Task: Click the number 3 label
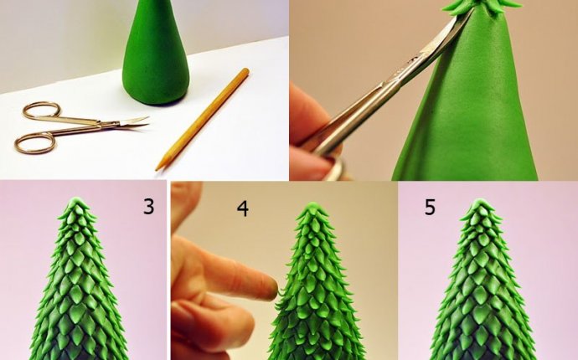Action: [148, 206]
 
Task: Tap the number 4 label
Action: [242, 208]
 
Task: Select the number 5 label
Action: [430, 207]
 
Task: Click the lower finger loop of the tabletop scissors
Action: [34, 143]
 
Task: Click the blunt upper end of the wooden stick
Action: [246, 71]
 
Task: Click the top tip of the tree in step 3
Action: [78, 201]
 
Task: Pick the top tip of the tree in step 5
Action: [478, 202]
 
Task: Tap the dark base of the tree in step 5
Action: [478, 352]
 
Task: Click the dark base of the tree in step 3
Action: [78, 352]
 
